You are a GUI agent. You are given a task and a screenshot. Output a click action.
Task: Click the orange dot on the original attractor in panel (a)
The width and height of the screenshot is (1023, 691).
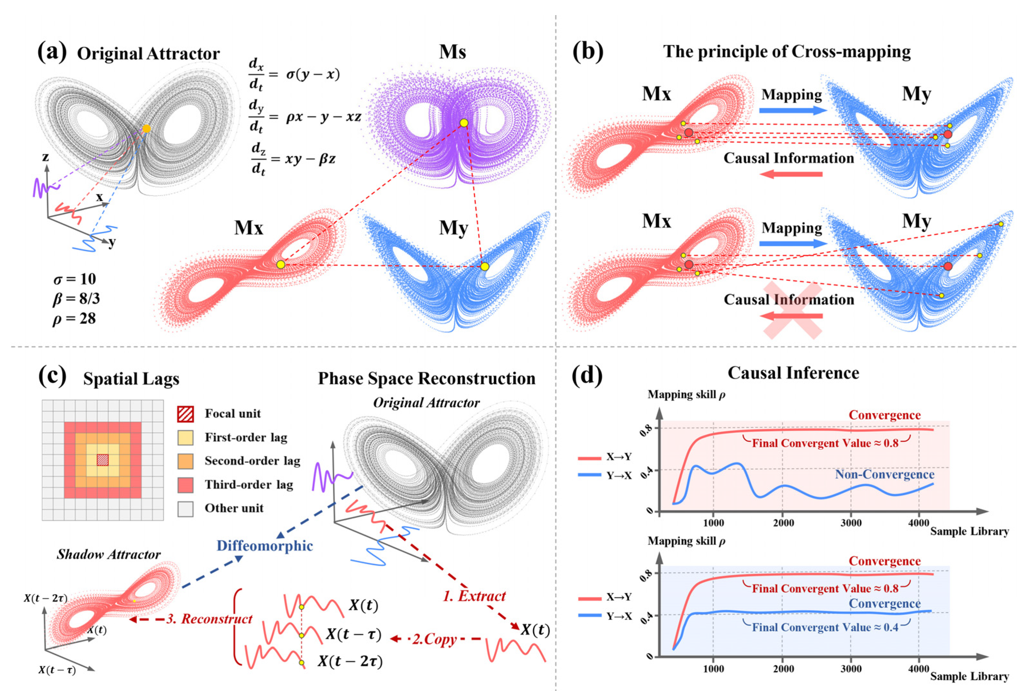(x=146, y=128)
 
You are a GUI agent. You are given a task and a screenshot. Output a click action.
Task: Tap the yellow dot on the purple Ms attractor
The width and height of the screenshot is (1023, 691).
(x=464, y=123)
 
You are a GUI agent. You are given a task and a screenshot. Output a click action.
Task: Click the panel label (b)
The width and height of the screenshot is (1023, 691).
(x=588, y=52)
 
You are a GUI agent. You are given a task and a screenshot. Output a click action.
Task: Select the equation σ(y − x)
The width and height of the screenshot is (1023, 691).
(x=313, y=74)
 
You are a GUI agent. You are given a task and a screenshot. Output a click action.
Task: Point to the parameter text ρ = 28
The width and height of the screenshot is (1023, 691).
(x=74, y=318)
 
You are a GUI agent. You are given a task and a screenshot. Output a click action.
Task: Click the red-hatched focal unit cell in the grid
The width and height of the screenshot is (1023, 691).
(x=103, y=460)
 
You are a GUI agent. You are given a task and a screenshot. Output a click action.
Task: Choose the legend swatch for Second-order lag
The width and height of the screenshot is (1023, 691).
(x=185, y=461)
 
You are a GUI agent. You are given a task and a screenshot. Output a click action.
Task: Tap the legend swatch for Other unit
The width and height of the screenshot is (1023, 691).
(x=185, y=509)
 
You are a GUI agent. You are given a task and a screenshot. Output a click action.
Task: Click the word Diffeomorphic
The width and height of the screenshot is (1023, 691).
(x=265, y=546)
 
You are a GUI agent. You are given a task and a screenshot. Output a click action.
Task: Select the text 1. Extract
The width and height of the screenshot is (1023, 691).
(x=474, y=596)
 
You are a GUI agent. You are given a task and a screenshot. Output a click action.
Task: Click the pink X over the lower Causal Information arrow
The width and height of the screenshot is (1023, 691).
(x=792, y=310)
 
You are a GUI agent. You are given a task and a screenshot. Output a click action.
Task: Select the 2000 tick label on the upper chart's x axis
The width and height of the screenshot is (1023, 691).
(x=784, y=523)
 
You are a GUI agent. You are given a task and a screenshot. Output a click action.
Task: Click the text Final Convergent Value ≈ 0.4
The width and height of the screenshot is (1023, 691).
(x=825, y=627)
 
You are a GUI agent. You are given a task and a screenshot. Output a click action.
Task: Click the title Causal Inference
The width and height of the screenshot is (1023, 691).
(x=793, y=373)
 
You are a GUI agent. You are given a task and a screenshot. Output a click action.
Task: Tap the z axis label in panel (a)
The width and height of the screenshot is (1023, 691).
(x=45, y=157)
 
